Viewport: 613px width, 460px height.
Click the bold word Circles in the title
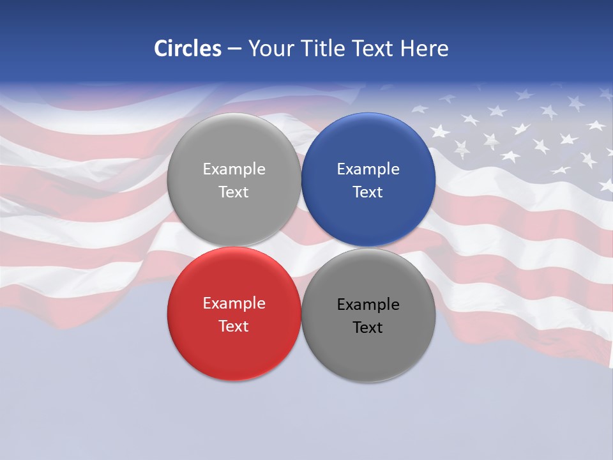[x=188, y=49]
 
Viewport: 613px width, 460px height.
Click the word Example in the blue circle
[x=368, y=169]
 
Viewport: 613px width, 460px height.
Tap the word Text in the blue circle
[x=368, y=192]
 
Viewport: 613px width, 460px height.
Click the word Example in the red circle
[x=234, y=303]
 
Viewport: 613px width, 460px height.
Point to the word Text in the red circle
[x=234, y=326]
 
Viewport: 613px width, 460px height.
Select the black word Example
[x=368, y=305]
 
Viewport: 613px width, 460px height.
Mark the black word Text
[x=368, y=328]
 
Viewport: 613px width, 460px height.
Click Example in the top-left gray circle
[x=234, y=169]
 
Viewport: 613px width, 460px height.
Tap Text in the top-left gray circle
[x=234, y=192]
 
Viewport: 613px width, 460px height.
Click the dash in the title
[x=234, y=49]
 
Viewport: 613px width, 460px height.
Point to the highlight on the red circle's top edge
[x=234, y=250]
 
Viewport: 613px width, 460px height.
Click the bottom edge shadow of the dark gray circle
[x=368, y=381]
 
